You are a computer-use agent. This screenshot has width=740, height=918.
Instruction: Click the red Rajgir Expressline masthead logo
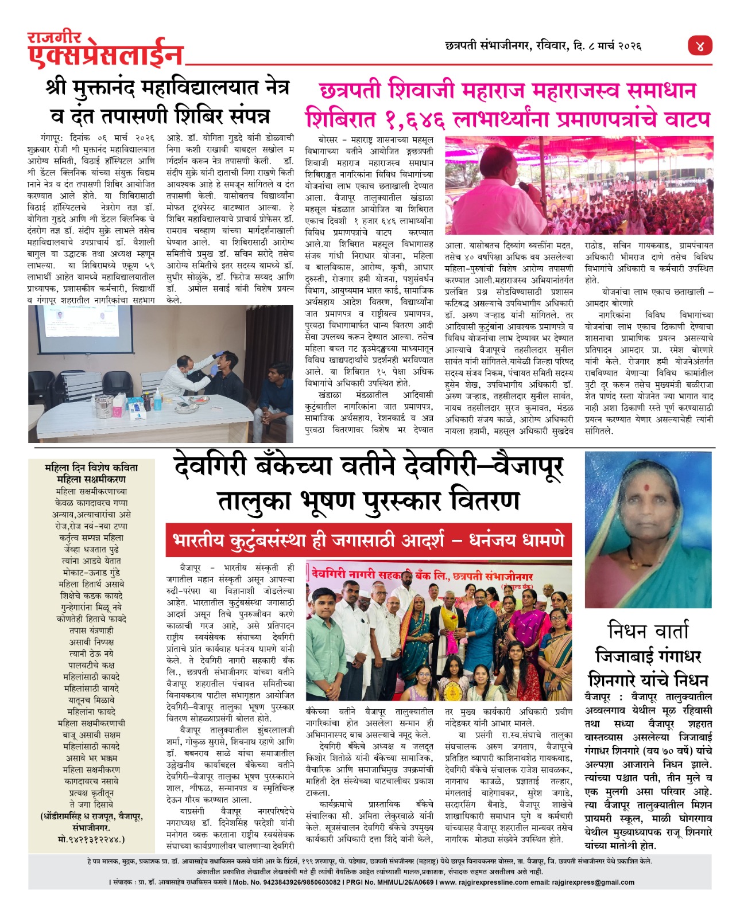pos(105,50)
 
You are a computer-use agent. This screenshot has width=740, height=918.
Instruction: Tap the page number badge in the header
pos(700,46)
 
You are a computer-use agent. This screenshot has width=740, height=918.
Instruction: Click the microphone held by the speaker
pos(524,186)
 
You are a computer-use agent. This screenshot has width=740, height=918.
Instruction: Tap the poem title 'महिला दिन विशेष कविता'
pos(91,468)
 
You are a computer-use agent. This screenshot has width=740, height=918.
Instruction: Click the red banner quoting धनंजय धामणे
pos(369,540)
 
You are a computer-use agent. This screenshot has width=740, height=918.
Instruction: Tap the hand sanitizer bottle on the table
pos(157,398)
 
